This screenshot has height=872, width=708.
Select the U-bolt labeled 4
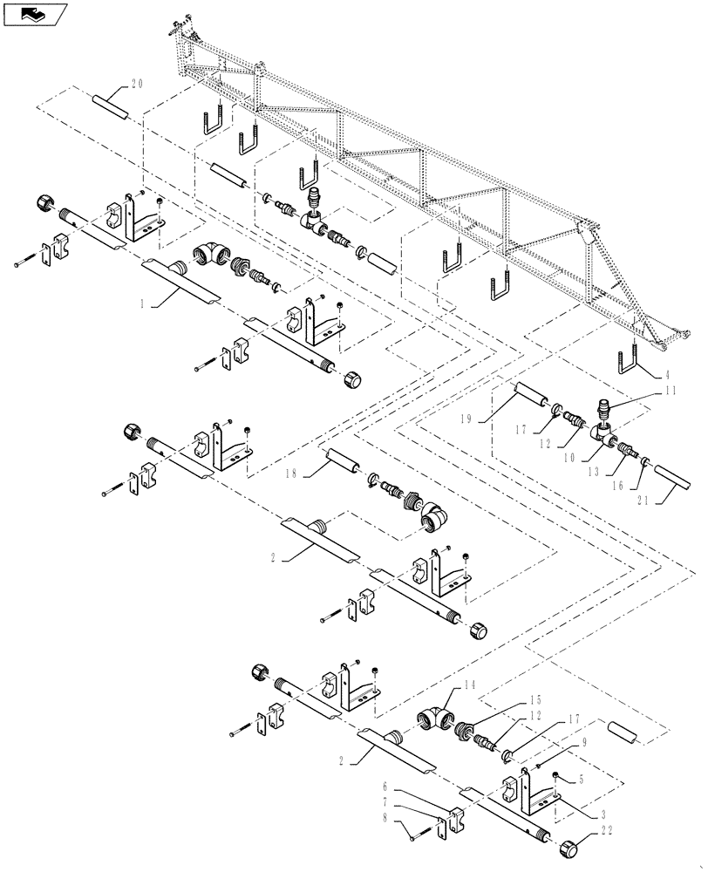(x=629, y=366)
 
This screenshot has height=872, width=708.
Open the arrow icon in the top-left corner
(x=34, y=13)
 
